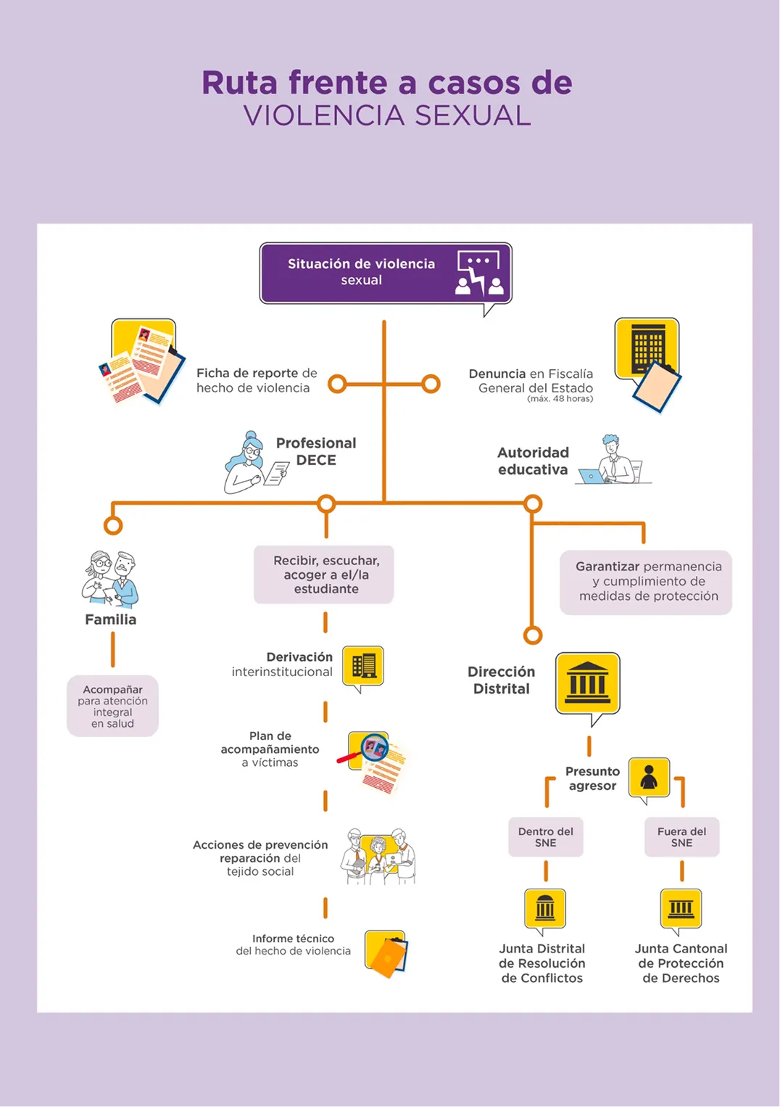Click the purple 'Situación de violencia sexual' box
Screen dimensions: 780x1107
pos(386,273)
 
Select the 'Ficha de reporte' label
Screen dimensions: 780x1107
pos(247,373)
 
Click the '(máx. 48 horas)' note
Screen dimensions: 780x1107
pos(560,399)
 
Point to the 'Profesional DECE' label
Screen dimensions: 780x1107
pos(315,451)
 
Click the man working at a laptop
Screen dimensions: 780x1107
pos(613,460)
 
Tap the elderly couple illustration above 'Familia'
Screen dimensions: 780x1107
pos(110,579)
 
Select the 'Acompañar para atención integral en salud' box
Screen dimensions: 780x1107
pos(112,707)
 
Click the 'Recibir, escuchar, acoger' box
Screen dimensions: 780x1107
pos(324,575)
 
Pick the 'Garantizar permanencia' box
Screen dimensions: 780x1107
pos(646,583)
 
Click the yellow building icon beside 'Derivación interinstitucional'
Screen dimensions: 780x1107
pos(363,667)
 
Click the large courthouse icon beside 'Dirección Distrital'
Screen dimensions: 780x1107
pos(588,687)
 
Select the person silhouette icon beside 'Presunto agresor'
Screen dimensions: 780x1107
pos(649,780)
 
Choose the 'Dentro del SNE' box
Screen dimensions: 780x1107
pos(546,837)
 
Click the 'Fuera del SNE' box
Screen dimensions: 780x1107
pos(681,837)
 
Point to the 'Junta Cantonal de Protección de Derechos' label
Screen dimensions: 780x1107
pos(681,963)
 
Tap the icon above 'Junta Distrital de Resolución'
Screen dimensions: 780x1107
pos(545,910)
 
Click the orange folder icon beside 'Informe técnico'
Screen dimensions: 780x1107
pos(387,953)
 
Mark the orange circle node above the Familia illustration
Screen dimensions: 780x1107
pos(113,525)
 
